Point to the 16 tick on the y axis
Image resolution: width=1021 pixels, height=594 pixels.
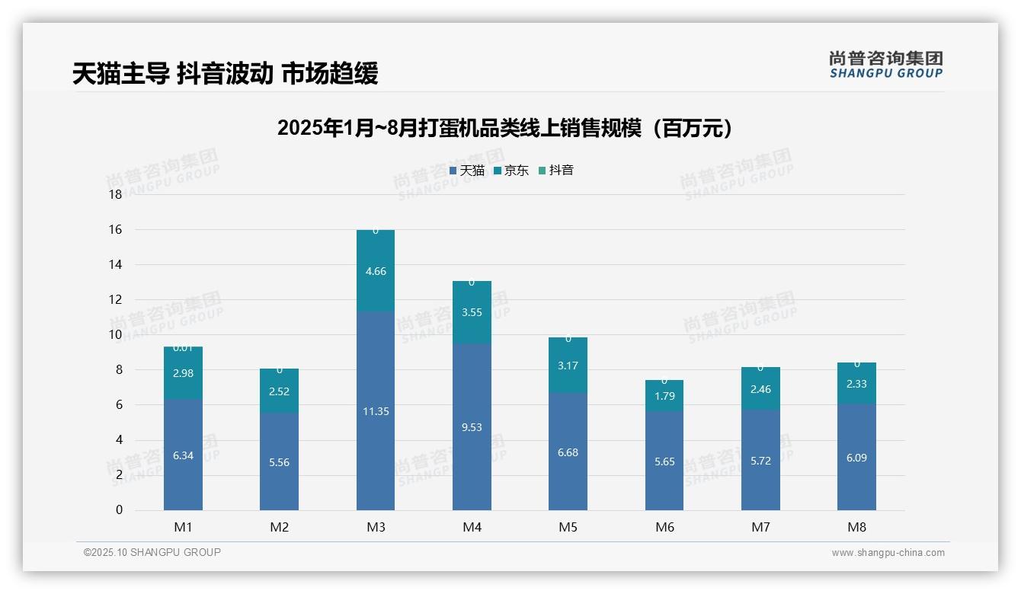(116, 229)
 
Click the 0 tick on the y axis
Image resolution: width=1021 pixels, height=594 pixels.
(119, 510)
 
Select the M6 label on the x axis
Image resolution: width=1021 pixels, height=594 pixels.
(664, 527)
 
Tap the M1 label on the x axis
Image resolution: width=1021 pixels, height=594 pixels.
(183, 527)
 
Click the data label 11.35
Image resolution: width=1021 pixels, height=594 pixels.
(376, 411)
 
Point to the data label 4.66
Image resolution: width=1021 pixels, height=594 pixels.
(376, 271)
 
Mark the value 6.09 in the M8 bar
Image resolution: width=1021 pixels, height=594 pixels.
(856, 458)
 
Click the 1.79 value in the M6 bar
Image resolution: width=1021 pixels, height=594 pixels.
(664, 395)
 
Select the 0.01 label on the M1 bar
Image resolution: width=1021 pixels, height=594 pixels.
(183, 348)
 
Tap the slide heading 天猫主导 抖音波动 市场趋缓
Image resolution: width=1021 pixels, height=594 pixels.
(225, 74)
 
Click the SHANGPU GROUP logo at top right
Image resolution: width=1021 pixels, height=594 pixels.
(885, 65)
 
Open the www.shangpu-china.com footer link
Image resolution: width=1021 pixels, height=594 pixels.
(888, 553)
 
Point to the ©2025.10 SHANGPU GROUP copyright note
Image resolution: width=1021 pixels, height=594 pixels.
(152, 553)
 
